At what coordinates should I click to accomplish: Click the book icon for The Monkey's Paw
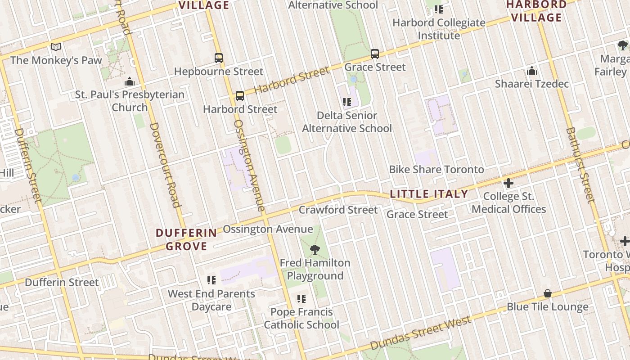pos(56,47)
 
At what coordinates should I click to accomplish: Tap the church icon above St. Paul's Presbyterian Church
pos(130,81)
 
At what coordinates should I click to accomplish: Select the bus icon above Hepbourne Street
pos(219,58)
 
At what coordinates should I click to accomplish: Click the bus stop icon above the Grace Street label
pos(375,54)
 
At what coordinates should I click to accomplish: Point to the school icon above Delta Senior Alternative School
pos(346,102)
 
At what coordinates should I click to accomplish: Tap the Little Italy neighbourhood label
pos(429,194)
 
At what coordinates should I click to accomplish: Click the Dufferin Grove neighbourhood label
pos(186,239)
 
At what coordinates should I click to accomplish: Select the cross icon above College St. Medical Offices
pos(508,183)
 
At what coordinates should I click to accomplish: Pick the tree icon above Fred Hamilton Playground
pos(315,249)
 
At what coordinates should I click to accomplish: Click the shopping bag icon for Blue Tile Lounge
pos(548,293)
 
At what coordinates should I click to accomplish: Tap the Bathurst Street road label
pos(580,165)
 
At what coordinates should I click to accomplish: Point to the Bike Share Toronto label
pos(436,170)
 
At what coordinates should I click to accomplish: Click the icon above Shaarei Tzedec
pos(532,71)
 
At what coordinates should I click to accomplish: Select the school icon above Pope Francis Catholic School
pos(301,299)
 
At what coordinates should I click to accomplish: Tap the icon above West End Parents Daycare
pos(211,280)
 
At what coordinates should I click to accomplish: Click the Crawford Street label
pos(338,210)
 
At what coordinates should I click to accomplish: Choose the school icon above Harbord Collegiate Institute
pos(439,9)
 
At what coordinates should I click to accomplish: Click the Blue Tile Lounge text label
pos(547,307)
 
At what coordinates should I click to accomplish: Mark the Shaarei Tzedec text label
pos(532,84)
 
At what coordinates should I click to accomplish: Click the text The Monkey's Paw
pos(56,60)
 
